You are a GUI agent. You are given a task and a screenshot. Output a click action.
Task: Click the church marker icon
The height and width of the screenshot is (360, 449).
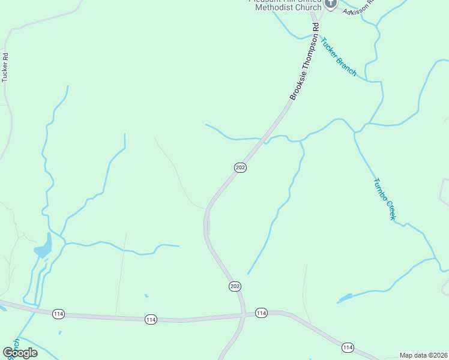pyautogui.click(x=331, y=4)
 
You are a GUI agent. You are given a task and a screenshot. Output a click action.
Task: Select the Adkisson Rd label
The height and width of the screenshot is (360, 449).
pyautogui.click(x=358, y=7)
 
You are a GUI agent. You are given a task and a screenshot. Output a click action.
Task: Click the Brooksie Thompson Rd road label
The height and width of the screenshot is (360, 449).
pyautogui.click(x=304, y=61)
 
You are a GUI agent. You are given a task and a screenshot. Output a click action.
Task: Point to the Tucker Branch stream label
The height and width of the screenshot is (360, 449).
pyautogui.click(x=338, y=58)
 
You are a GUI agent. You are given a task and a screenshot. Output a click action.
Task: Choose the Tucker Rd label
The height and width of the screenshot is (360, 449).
pyautogui.click(x=5, y=67)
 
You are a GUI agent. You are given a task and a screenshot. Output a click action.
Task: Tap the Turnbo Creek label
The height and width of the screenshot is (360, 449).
pyautogui.click(x=384, y=199)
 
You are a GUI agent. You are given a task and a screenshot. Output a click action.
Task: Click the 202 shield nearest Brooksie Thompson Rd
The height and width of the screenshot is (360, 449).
pyautogui.click(x=240, y=167)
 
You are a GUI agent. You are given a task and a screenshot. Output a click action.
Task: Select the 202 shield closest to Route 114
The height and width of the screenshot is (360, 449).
pyautogui.click(x=235, y=286)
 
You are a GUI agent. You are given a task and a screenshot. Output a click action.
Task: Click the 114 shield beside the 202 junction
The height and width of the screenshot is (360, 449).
pyautogui.click(x=261, y=313)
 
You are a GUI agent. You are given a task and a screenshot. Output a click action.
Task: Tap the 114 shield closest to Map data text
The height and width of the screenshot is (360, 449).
pyautogui.click(x=348, y=347)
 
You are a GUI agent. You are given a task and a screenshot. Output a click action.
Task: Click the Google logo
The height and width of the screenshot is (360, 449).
pyautogui.click(x=20, y=353)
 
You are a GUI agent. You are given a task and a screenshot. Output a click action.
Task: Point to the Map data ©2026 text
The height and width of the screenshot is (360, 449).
pyautogui.click(x=424, y=355)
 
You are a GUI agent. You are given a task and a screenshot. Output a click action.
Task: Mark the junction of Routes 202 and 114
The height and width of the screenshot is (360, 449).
pyautogui.click(x=244, y=314)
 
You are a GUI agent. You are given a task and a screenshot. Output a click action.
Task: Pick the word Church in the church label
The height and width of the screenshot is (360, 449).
pyautogui.click(x=306, y=7)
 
